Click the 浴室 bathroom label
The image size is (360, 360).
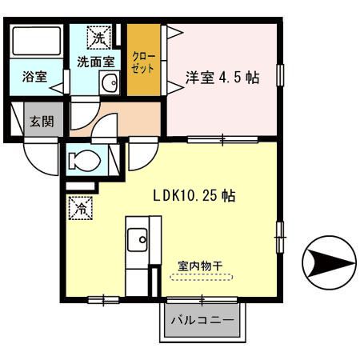pos(34,78)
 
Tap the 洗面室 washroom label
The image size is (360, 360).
pos(94,62)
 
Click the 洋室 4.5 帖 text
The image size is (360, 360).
pos(223,79)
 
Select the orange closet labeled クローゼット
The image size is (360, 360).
pos(146,65)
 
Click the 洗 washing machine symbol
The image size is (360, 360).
pos(98,38)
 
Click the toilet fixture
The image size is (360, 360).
pos(84,161)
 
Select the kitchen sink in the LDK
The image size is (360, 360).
pos(138,238)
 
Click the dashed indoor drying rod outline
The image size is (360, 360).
pos(201,277)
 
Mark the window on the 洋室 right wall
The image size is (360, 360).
pos(280,74)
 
